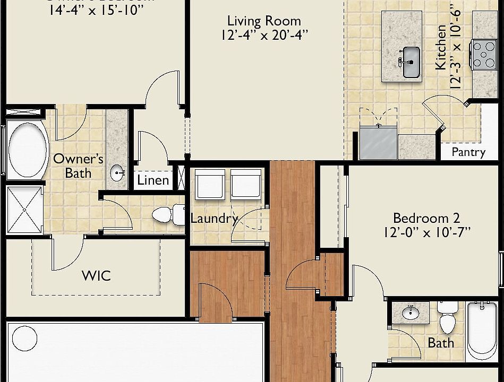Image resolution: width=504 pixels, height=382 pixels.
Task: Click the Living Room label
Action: coord(264,21)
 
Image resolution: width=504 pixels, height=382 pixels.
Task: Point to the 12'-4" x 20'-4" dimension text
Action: coord(264,35)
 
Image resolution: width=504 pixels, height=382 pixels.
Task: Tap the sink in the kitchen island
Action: coord(409,62)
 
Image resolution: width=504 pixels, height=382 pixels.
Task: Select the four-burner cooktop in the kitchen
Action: coord(483,55)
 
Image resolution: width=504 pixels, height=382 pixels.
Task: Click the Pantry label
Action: coord(468,152)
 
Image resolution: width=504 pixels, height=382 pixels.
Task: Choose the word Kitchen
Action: coord(440,47)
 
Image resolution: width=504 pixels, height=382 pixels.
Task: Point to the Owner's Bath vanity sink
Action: coord(117,172)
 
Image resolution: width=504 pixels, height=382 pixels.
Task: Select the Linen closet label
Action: coord(153,180)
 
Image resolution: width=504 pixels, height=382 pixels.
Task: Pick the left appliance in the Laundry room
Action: coord(210,184)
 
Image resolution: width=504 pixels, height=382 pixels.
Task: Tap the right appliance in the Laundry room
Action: coord(246,184)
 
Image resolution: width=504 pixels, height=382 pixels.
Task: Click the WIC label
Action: coord(96,276)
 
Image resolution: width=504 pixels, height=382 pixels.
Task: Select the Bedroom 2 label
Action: coord(426,218)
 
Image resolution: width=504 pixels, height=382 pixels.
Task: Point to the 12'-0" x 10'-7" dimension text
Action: coord(426,232)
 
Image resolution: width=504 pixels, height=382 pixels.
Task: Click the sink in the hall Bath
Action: coord(411,313)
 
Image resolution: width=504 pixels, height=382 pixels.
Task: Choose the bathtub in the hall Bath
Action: coord(482,331)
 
